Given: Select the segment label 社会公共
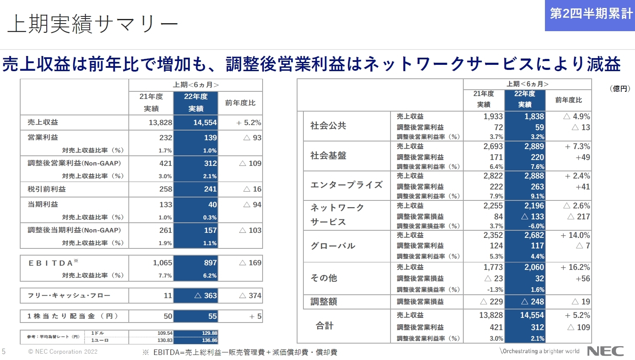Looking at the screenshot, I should tap(328, 125).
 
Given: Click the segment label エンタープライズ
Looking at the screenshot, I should tap(346, 185).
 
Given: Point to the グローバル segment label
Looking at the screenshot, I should tap(333, 246).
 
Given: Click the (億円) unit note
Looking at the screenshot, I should tap(619, 89).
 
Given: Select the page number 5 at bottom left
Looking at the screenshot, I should tap(4, 352).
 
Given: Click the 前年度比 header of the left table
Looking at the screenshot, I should tap(240, 103).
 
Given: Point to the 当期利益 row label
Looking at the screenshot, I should tap(43, 204).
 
